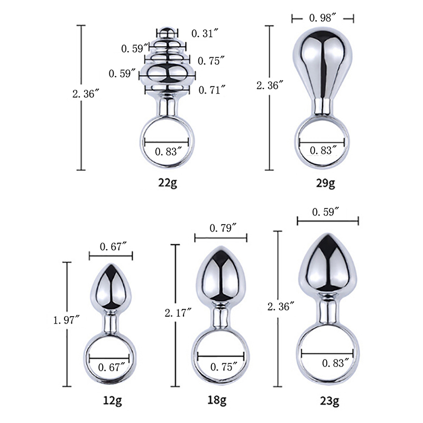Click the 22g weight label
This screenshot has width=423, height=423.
pos(168,183)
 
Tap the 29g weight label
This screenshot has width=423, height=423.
pos(325,183)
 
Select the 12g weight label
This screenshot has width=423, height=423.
pos(113,401)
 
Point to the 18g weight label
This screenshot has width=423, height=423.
pos(217,400)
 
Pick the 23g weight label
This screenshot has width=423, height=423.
pos(329,401)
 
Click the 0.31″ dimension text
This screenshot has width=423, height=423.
pos(205,33)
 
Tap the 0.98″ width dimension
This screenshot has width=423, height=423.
pos(323,18)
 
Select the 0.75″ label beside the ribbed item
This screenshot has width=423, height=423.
pos(211,61)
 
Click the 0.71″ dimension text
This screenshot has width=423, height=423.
pos(212,90)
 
